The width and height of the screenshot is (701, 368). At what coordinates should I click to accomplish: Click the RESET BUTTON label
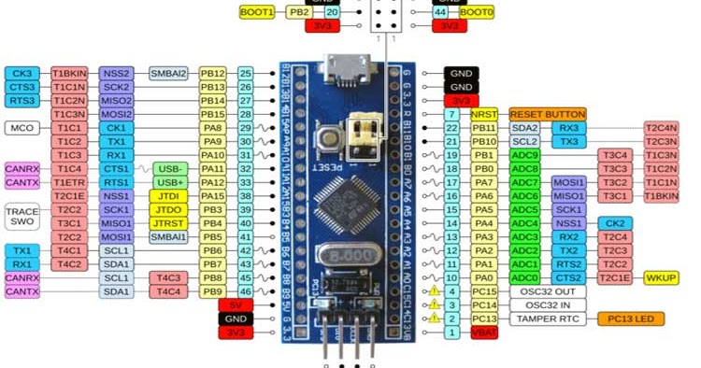tap(547, 113)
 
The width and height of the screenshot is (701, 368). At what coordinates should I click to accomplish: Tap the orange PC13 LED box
tap(630, 318)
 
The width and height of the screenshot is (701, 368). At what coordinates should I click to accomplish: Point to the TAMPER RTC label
tap(547, 318)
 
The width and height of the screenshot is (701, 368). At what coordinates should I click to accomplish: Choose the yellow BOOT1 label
tap(257, 12)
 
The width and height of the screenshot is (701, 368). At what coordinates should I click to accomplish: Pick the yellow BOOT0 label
tap(477, 12)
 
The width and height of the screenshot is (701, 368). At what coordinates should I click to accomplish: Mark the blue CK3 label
tap(21, 72)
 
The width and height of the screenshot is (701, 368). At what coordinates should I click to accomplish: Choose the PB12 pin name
tap(213, 72)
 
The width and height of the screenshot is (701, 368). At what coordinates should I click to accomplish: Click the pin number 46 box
tap(245, 291)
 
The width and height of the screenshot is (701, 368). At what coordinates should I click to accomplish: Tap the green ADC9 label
tap(525, 154)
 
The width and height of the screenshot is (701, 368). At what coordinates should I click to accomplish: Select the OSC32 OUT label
tap(547, 291)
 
